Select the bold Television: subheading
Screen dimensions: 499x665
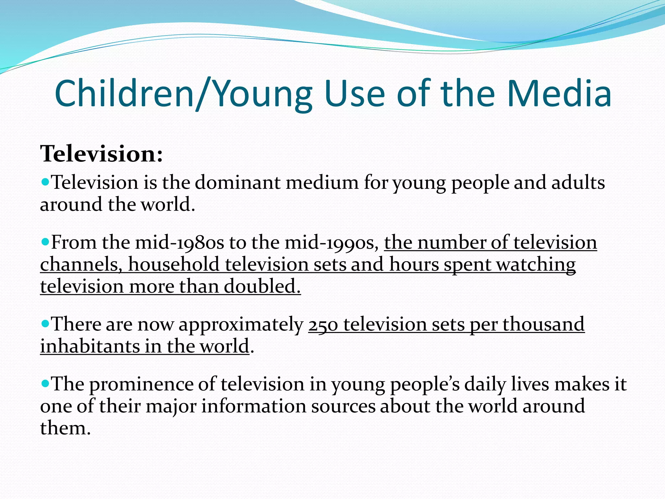pyautogui.click(x=101, y=154)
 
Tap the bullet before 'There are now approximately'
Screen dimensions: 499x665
pyautogui.click(x=45, y=323)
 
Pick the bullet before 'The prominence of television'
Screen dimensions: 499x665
pyautogui.click(x=45, y=383)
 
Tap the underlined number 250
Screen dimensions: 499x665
pyautogui.click(x=323, y=325)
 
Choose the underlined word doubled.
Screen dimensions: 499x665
pyautogui.click(x=262, y=287)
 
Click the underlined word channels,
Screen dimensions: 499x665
pyautogui.click(x=81, y=264)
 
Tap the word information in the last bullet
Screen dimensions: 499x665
pyautogui.click(x=254, y=406)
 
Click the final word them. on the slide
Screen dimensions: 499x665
pyautogui.click(x=65, y=428)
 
